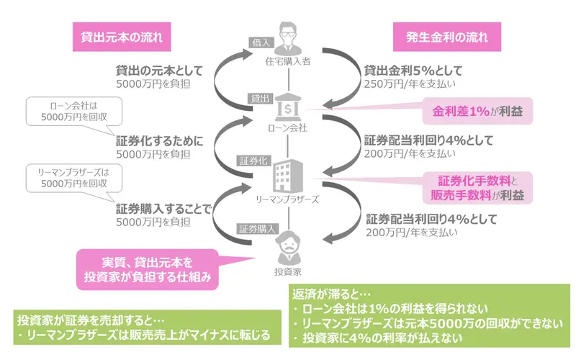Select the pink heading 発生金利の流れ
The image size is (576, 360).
[436, 35]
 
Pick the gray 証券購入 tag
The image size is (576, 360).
[257, 229]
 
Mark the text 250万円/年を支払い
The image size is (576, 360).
[408, 85]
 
